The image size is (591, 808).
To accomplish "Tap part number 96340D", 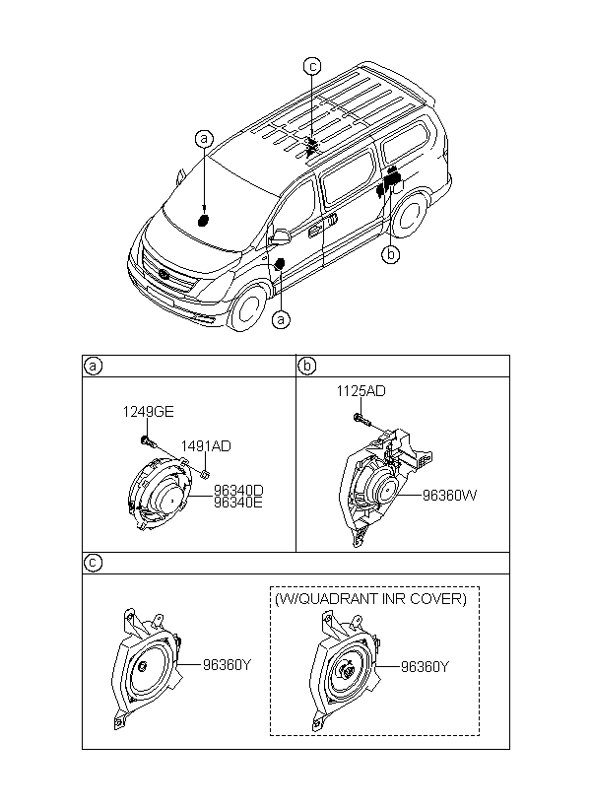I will pos(238,489).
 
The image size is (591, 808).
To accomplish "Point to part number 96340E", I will pos(238,502).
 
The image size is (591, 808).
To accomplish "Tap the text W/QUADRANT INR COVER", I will pos(370,598).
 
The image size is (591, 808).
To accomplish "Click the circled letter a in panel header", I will pos(92,366).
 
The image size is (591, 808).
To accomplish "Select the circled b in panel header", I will pos(306,366).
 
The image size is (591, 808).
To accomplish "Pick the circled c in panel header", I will pos(92,563).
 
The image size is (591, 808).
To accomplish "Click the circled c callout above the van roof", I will pos(311,66).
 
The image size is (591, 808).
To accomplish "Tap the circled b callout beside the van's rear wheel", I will pos(392,254).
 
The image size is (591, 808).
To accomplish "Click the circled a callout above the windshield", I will pos(203,140).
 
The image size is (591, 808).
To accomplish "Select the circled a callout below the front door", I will pos(282,319).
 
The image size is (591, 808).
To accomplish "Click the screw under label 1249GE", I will pos(147,438).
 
